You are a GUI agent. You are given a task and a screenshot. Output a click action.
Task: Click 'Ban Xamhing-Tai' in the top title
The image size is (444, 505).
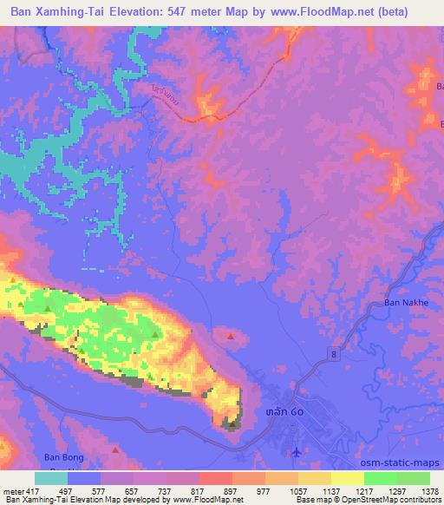coord(55,12)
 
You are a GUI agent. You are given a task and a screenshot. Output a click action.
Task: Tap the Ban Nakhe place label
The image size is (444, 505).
coord(407,304)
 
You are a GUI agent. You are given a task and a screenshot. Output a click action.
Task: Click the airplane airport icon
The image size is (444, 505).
coord(297,451)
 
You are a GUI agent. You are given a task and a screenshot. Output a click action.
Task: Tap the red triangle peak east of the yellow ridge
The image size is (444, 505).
coord(230,335)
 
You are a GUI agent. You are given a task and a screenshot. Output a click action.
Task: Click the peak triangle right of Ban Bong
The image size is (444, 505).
coord(115,450)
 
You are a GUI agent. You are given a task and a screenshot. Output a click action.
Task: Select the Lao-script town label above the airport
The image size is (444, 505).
coord(285,411)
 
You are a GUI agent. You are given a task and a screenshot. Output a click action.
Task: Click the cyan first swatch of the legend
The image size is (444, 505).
coord(51,478)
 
